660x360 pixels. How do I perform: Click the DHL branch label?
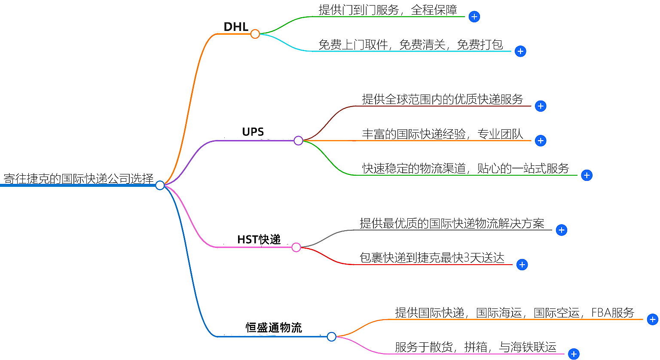coord(236,27)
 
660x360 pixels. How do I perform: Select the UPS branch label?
coord(253,132)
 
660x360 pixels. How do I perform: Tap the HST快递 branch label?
coord(259,239)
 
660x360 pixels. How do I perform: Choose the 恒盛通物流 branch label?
coord(274,328)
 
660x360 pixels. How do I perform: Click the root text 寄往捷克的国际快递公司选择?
coord(79,179)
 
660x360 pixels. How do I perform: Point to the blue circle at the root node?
coord(160,185)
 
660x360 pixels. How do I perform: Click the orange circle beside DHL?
coord(255,34)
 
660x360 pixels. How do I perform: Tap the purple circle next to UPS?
coord(298,140)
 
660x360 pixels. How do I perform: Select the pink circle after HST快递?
coord(296,247)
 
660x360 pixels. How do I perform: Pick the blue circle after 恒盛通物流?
coord(331,337)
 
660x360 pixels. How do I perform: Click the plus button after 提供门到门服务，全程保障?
coord(474,17)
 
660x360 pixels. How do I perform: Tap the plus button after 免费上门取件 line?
coord(520,52)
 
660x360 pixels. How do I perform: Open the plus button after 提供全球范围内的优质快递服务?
coord(541,106)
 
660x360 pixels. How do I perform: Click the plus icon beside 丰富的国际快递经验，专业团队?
coord(541,140)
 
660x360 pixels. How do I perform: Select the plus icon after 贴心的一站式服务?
coord(587,175)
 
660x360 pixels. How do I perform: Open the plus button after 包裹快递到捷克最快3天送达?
coord(522,265)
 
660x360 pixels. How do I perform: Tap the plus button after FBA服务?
coord(652,320)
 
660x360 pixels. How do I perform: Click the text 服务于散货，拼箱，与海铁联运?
coord(476,347)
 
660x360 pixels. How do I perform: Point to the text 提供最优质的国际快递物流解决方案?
coord(452,223)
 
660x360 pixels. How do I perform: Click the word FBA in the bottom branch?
coord(601,313)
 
